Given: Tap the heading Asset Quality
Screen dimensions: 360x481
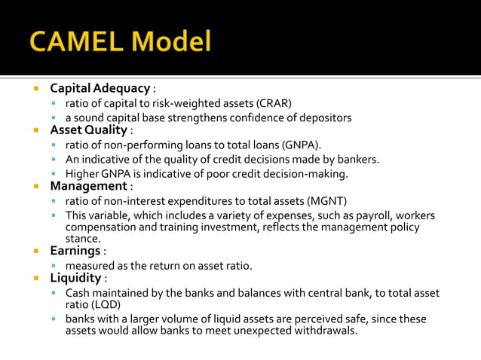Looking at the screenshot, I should (88, 130).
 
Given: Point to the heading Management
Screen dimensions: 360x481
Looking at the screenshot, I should (88, 185).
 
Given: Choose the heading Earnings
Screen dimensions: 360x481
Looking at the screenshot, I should (75, 250).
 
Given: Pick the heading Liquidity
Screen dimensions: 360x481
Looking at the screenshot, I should (75, 278).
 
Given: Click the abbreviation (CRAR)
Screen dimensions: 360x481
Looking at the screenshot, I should (274, 103).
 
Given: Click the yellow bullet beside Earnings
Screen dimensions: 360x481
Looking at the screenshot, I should (35, 251).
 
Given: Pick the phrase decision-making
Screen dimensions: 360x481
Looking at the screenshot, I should (311, 173).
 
